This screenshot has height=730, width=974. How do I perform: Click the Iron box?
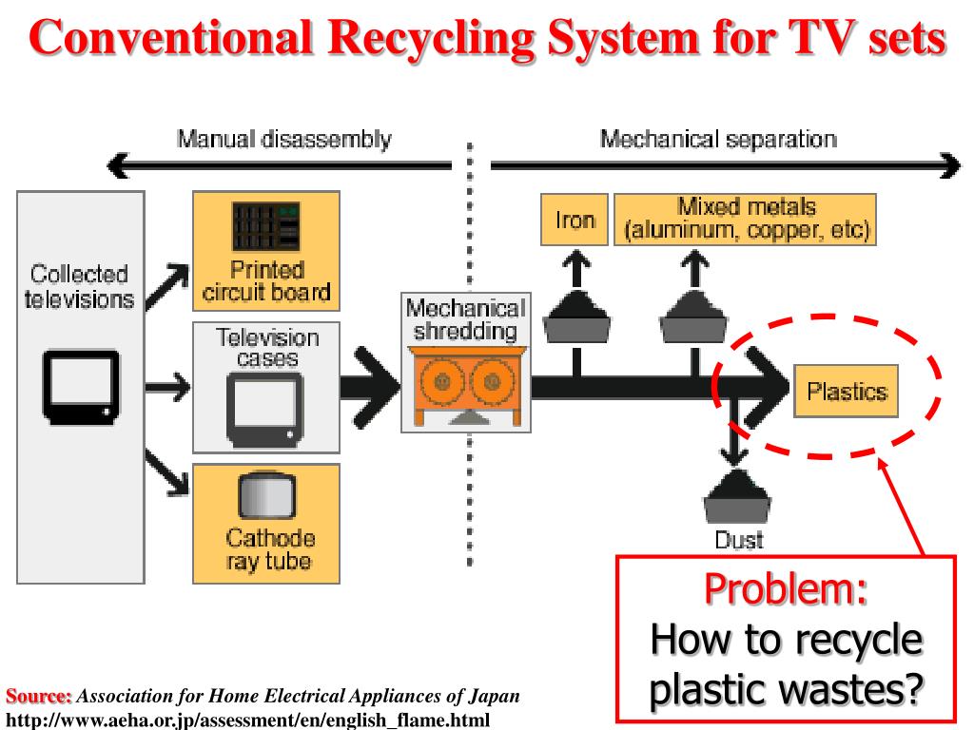574,220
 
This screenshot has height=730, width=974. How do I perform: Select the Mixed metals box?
745,220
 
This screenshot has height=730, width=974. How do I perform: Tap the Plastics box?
846,391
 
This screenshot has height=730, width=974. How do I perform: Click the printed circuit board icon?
266,226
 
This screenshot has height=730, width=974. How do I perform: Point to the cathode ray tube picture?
267,495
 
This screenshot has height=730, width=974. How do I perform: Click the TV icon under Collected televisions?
81,388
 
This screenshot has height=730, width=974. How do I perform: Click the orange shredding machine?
466,386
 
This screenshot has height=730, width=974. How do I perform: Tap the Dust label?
738,540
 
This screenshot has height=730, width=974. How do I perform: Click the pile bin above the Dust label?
737,496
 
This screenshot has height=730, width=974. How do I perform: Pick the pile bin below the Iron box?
576,316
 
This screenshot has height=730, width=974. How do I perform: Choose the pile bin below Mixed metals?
693,316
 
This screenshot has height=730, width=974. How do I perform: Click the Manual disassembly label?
284,139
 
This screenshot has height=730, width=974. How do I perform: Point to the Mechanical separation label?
718,139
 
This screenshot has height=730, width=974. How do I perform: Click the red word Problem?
785,588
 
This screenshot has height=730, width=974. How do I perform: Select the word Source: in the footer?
38,696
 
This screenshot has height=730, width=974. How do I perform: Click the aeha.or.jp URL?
247,720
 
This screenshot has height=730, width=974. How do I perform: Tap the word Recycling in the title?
431,38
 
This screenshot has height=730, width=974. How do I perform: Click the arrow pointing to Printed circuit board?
167,286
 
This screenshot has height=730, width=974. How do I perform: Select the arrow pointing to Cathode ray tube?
167,473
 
